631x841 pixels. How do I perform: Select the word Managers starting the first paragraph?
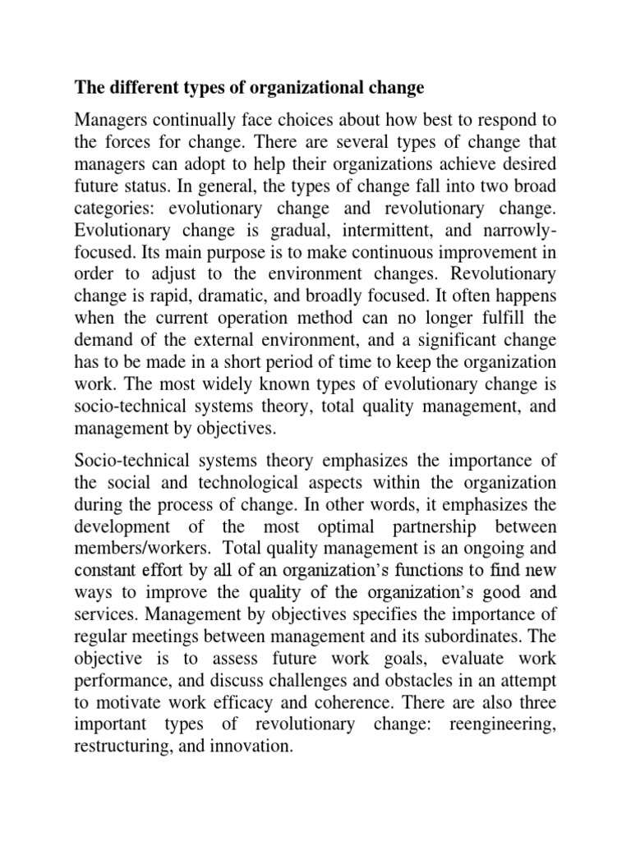109,116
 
